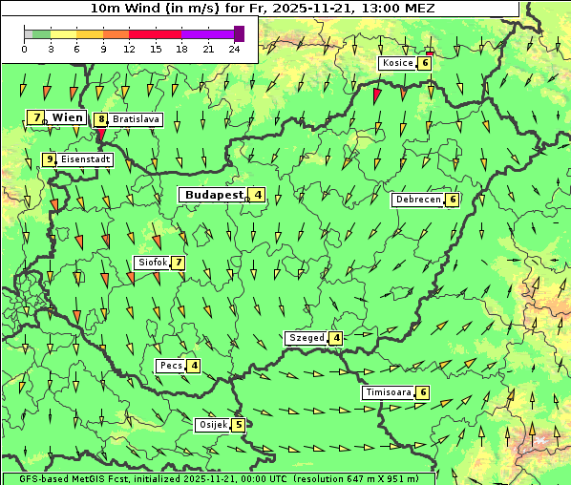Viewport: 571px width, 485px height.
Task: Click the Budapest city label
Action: tap(214, 195)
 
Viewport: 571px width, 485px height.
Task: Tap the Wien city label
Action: tap(68, 117)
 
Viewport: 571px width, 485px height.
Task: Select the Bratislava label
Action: tap(136, 120)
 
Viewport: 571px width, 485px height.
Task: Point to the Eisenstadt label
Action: tap(85, 159)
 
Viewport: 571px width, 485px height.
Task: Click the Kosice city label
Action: tap(397, 63)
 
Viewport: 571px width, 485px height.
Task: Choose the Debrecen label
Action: tap(417, 200)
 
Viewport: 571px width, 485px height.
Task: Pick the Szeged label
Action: tap(307, 338)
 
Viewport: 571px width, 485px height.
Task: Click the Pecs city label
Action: tap(171, 366)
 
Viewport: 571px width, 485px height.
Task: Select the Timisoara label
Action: tap(388, 392)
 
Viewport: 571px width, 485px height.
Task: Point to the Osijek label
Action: tap(212, 425)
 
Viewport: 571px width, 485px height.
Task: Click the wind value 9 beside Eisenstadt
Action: tap(49, 159)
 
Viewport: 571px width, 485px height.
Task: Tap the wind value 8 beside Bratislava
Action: tap(100, 120)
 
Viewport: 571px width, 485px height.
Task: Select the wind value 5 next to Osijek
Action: tap(239, 425)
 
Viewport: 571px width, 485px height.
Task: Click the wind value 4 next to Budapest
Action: tap(258, 195)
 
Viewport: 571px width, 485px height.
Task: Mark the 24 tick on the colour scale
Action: tap(234, 48)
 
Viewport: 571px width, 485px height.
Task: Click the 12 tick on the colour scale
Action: tap(129, 48)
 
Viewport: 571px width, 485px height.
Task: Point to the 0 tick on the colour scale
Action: tap(24, 48)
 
